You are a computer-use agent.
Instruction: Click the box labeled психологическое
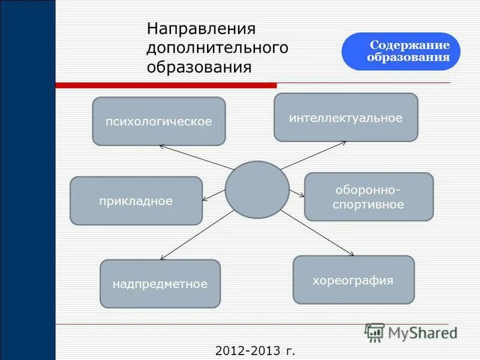159,121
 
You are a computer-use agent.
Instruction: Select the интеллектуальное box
346,118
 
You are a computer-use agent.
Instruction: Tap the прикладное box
136,201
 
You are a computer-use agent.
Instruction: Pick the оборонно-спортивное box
368,197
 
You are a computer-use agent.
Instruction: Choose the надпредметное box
160,284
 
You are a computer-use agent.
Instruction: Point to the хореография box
353,280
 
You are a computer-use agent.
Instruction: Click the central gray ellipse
257,190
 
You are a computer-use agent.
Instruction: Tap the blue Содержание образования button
401,52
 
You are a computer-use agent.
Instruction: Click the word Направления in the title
202,29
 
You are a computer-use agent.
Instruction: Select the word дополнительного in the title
218,47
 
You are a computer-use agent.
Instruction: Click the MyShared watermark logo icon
375,332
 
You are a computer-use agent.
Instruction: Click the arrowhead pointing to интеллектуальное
343,143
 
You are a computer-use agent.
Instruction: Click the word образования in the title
199,66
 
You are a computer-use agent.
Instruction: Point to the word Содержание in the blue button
409,46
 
